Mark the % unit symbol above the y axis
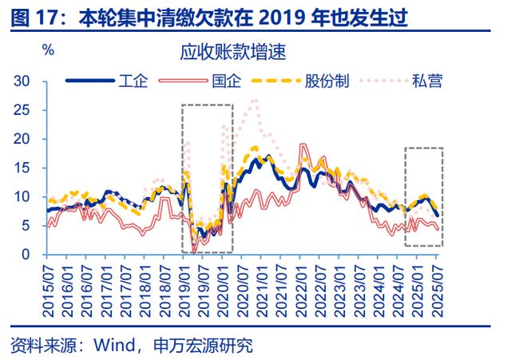click(49, 49)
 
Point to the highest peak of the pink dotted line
click(255, 101)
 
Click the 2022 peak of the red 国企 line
click(303, 145)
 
